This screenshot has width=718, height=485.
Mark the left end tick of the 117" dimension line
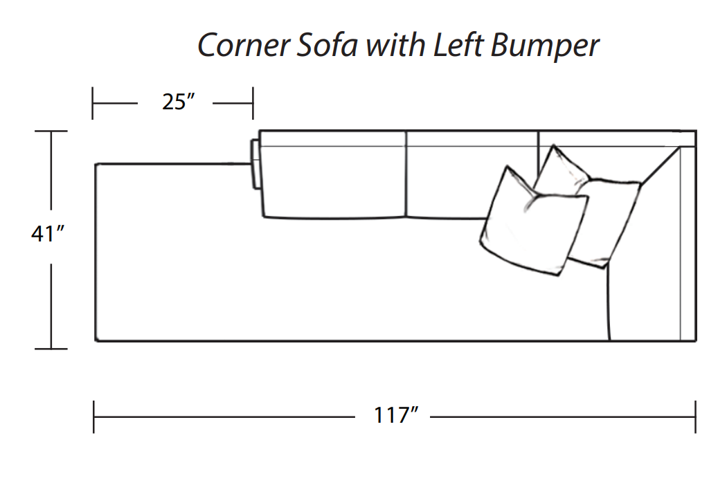tap(93, 417)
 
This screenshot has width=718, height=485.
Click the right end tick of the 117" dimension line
tap(694, 417)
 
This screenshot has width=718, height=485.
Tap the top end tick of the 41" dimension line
tap(51, 131)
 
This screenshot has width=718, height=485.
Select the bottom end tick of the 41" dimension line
tap(51, 349)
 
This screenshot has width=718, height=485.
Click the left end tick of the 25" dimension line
tap(93, 102)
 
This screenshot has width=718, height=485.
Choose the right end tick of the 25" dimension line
tap(253, 102)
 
